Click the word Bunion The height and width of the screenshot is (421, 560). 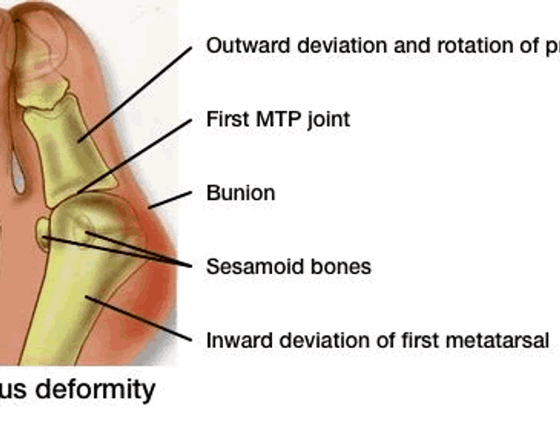click(240, 193)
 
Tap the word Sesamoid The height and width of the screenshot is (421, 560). click(245, 267)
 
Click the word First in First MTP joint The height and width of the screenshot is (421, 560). click(226, 119)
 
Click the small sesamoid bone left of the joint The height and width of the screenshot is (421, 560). click(43, 233)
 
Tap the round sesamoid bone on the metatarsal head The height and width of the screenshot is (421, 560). click(83, 228)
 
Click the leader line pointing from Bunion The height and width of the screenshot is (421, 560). click(169, 200)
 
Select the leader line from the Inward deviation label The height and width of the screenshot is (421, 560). click(138, 319)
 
